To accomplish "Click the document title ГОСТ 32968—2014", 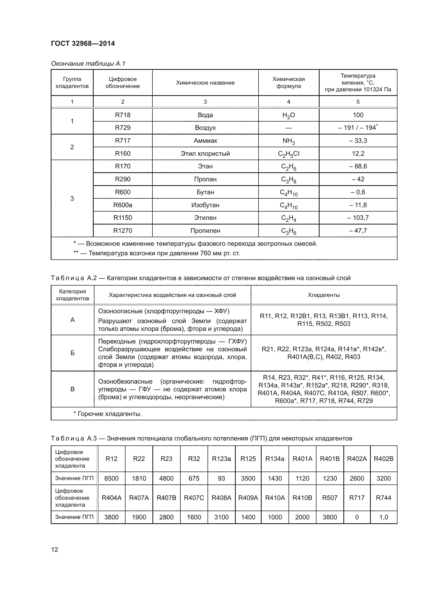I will click(x=83, y=43).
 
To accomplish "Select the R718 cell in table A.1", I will click(x=123, y=115).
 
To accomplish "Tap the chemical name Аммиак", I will click(x=205, y=140).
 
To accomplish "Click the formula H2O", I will click(x=289, y=115).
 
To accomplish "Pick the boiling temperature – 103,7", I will click(x=358, y=218).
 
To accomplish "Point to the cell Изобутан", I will click(x=205, y=205).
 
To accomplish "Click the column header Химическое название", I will click(x=205, y=83).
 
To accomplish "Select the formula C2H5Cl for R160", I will click(x=289, y=154).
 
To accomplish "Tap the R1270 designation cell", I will click(x=123, y=230).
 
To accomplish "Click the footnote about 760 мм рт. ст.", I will click(x=157, y=253).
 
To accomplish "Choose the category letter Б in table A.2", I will click(x=72, y=353).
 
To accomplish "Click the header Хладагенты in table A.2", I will click(x=324, y=295).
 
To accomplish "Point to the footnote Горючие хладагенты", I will click(x=108, y=414).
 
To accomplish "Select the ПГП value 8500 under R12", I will click(x=112, y=478).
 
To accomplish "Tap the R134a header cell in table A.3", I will click(x=275, y=459).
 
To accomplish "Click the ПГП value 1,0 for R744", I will click(x=383, y=517).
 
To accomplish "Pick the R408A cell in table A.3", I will click(x=222, y=498).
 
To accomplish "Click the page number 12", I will click(x=55, y=549).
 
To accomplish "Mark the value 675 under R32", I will click(x=194, y=478).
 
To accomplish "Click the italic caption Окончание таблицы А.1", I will click(x=88, y=64).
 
